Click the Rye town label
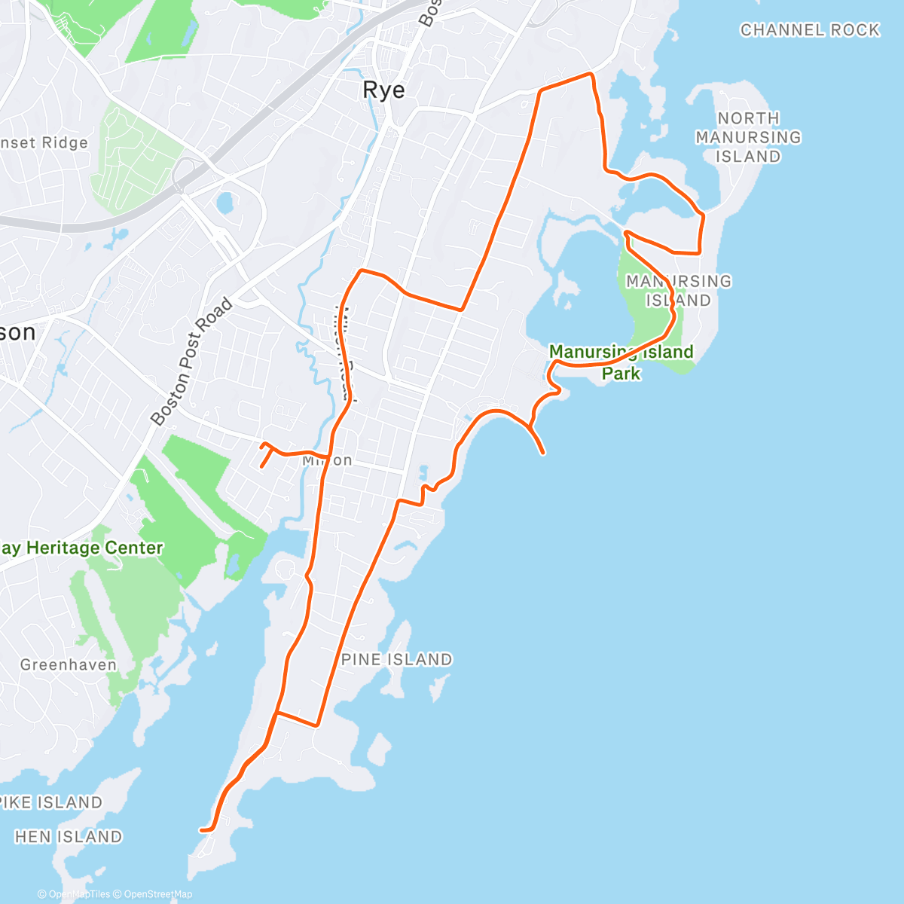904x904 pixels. (x=383, y=90)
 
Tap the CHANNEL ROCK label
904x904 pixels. (x=810, y=30)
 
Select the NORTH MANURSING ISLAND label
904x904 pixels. (x=748, y=137)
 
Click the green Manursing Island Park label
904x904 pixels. (x=621, y=362)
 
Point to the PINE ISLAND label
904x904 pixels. (x=397, y=660)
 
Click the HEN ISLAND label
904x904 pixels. (x=69, y=837)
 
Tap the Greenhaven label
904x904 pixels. (x=69, y=665)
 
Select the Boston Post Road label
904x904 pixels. (x=191, y=362)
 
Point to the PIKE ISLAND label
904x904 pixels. (x=50, y=802)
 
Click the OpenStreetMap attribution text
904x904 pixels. (x=158, y=894)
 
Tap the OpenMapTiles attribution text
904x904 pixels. (x=79, y=894)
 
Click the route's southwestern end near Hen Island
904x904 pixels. (x=201, y=830)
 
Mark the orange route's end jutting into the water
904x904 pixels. (x=543, y=453)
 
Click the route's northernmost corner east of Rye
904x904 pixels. (x=591, y=74)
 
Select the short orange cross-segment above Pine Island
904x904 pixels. (x=297, y=719)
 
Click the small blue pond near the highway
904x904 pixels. (x=224, y=202)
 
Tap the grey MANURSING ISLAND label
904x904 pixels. (x=678, y=291)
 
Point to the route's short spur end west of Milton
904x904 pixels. (x=261, y=466)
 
